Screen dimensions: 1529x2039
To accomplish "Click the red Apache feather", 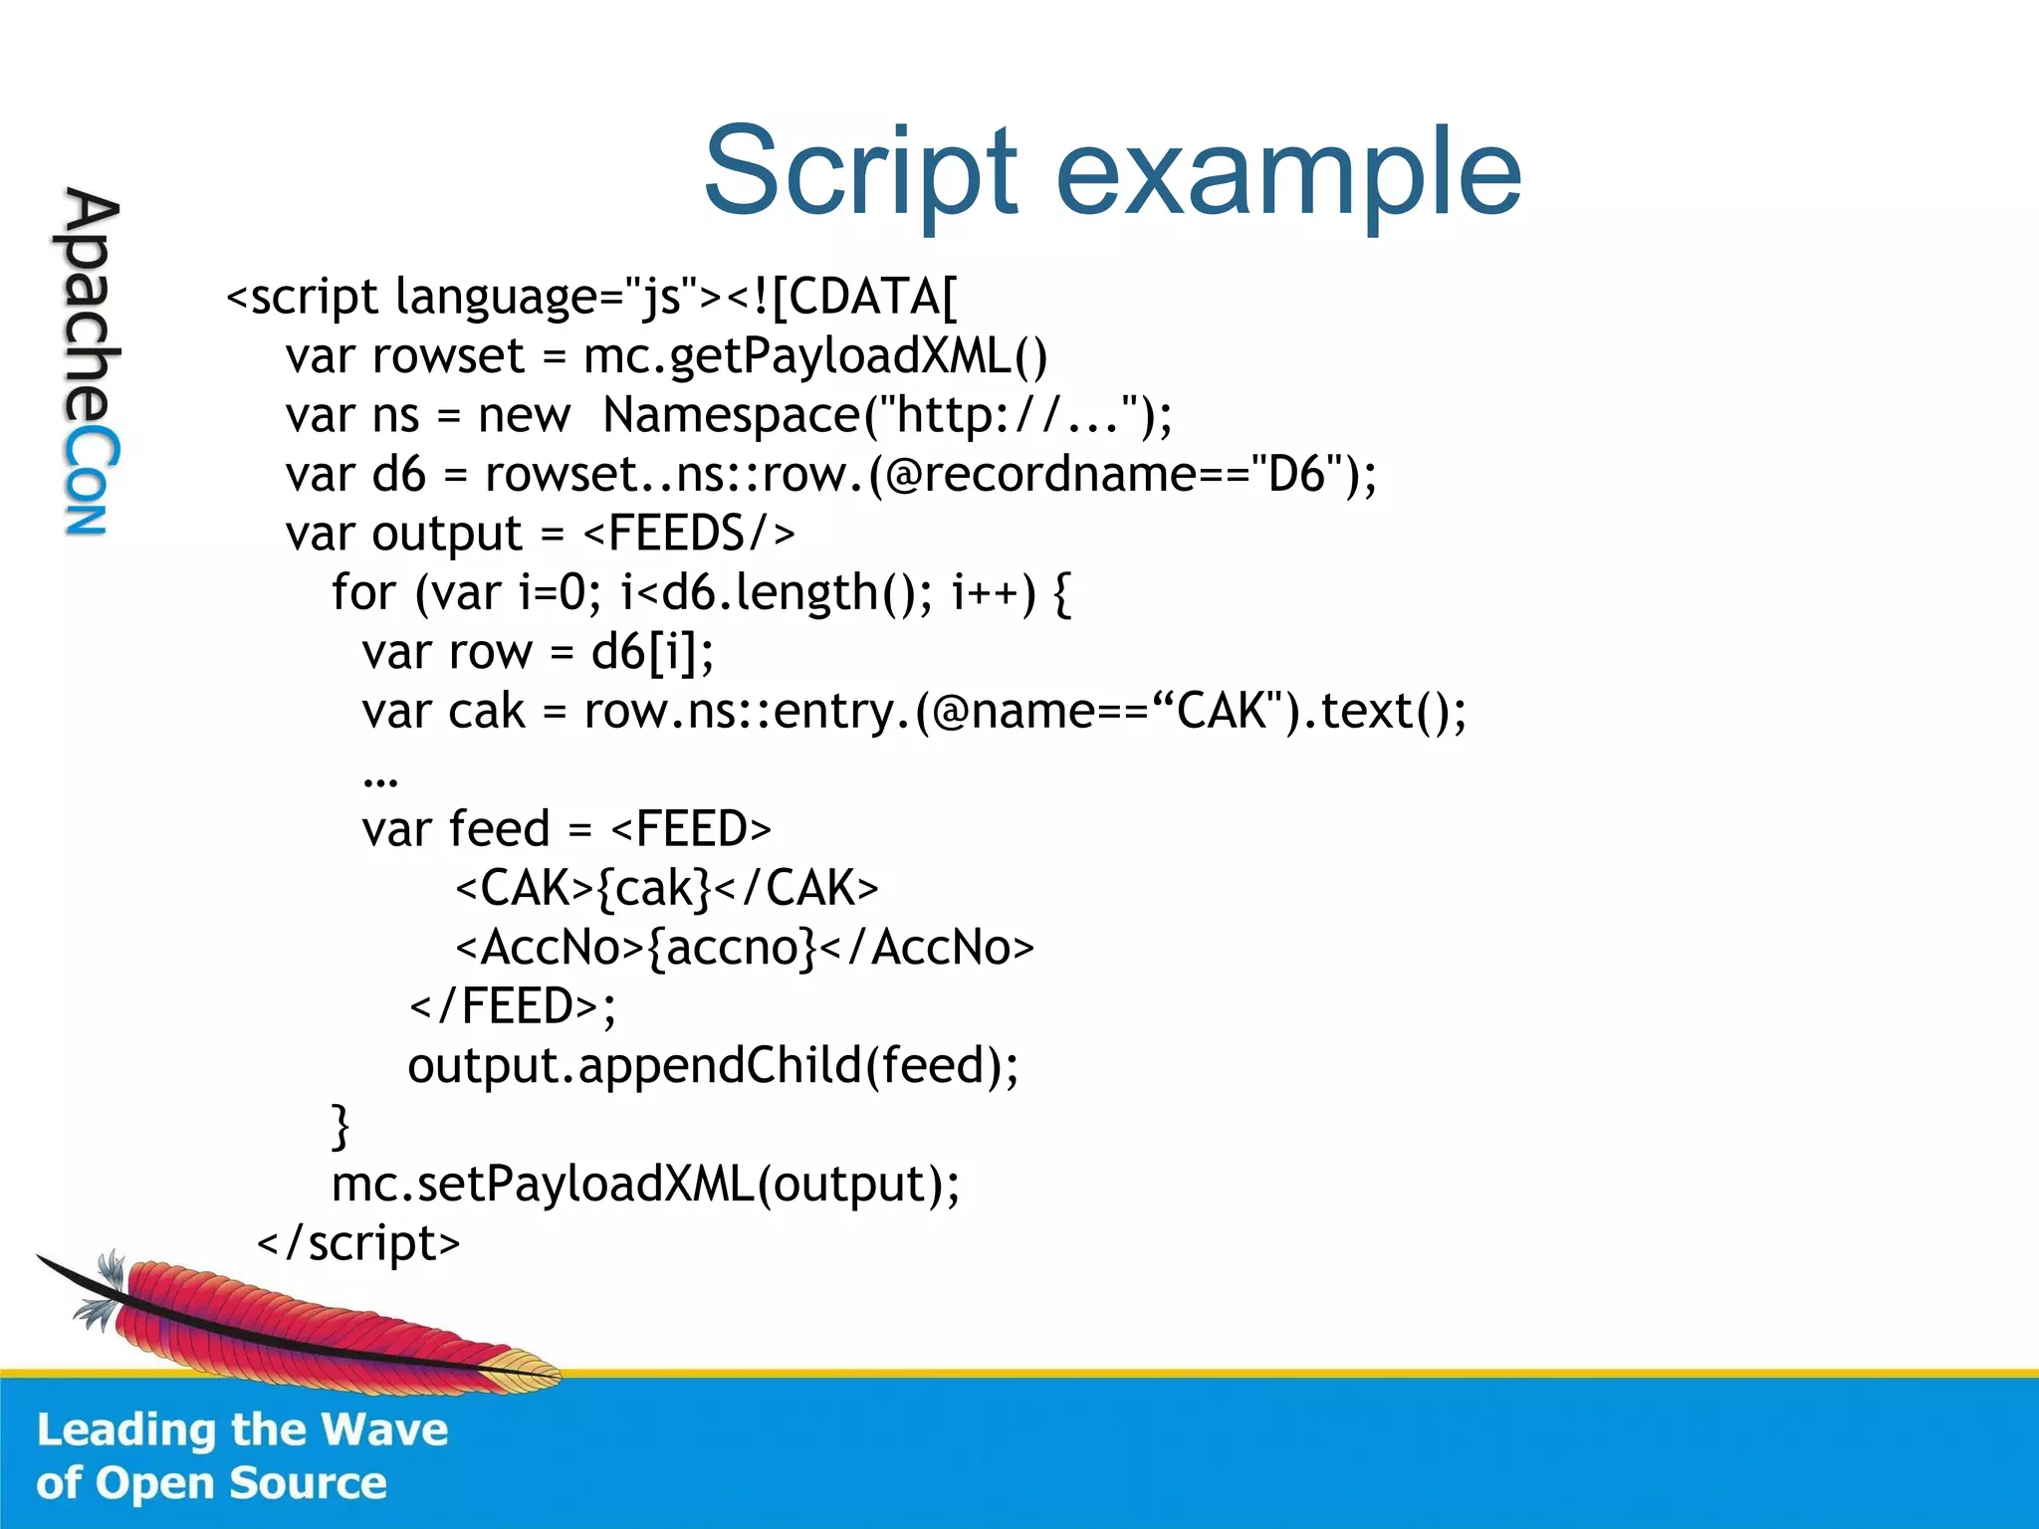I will pyautogui.click(x=299, y=1319).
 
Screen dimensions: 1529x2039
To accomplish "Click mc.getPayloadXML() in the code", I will pyautogui.click(x=815, y=356).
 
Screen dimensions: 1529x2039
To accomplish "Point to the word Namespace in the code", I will pyautogui.click(x=732, y=415).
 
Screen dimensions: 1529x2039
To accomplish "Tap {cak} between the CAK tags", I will pyautogui.click(x=654, y=888).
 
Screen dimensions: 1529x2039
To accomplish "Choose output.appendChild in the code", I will pyautogui.click(x=634, y=1065).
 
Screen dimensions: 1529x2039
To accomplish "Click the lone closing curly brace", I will pyautogui.click(x=340, y=1126).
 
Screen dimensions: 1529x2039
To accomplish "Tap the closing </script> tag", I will pyautogui.click(x=358, y=1243).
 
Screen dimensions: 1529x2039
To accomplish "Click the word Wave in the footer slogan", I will pyautogui.click(x=384, y=1429).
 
